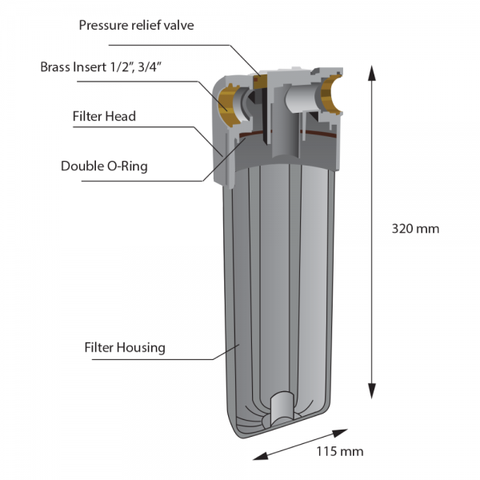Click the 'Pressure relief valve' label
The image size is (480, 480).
click(136, 25)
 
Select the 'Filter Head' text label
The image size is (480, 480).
click(104, 116)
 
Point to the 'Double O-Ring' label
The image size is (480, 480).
click(104, 166)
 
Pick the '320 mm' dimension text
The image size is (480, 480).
click(415, 228)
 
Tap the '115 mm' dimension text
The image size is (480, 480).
click(340, 451)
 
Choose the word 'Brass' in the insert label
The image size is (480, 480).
click(57, 67)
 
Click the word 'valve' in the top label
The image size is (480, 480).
click(178, 25)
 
